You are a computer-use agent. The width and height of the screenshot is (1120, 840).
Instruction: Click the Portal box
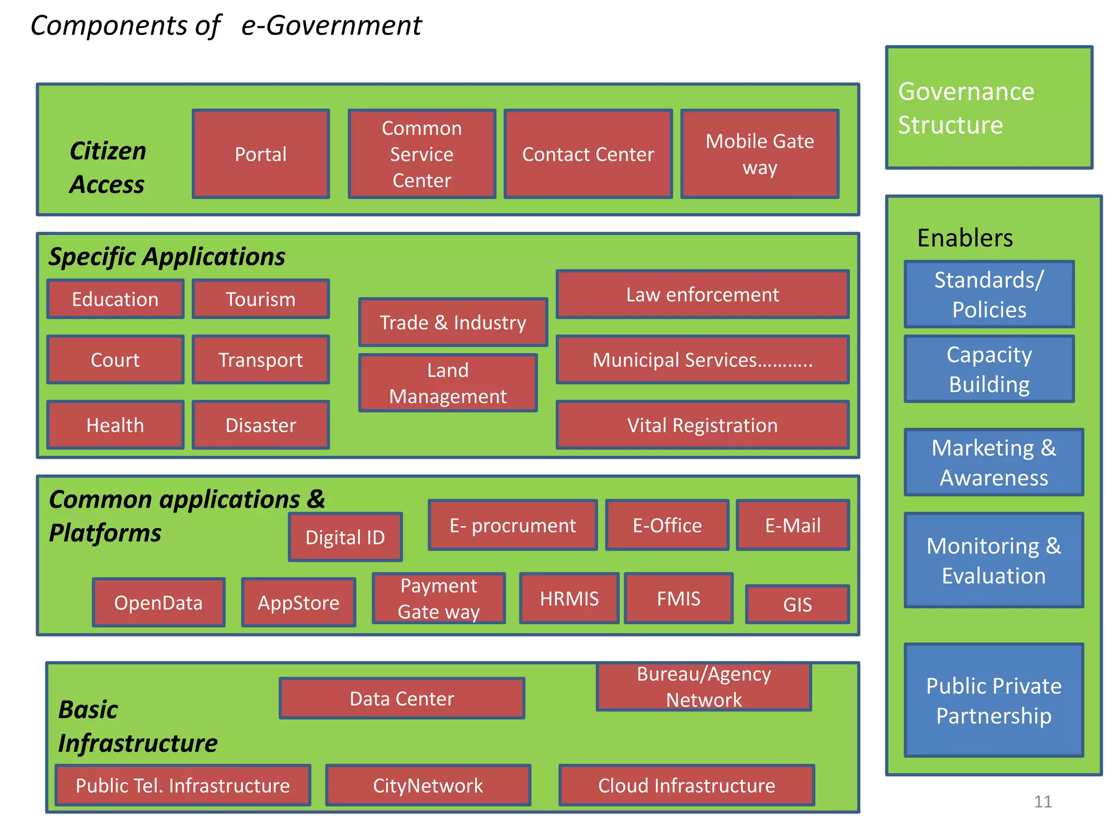tap(261, 154)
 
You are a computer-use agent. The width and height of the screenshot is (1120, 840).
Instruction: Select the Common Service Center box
tap(422, 154)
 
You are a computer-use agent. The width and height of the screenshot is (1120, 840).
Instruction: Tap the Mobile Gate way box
tap(760, 154)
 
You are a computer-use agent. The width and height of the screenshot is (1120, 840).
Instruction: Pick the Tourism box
tap(261, 299)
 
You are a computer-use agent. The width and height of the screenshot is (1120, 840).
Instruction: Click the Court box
tap(115, 359)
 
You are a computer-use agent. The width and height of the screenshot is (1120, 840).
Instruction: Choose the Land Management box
tap(448, 383)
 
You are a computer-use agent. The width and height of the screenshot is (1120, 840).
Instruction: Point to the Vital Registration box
tap(702, 425)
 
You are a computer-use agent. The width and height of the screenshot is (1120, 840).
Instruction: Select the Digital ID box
tap(345, 537)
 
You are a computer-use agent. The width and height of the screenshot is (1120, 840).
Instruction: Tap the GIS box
tap(797, 604)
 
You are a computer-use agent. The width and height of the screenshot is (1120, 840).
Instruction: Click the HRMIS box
tap(569, 598)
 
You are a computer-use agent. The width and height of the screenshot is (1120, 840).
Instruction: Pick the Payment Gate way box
tap(439, 598)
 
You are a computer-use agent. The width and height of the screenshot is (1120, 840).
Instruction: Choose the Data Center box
tap(402, 698)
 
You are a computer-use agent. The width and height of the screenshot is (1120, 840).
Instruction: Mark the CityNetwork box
tap(428, 785)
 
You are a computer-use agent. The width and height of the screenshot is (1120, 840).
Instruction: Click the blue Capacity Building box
tap(989, 369)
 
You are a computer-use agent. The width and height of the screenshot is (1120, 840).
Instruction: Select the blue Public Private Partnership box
tap(994, 700)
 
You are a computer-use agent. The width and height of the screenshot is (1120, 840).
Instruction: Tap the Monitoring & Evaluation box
tap(994, 560)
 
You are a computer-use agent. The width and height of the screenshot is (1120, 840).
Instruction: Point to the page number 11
tap(1043, 802)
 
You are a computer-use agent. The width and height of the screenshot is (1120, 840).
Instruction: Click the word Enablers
tap(965, 238)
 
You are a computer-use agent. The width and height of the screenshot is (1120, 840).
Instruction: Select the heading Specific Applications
tap(167, 256)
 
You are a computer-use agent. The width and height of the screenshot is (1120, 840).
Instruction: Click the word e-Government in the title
tap(331, 26)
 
